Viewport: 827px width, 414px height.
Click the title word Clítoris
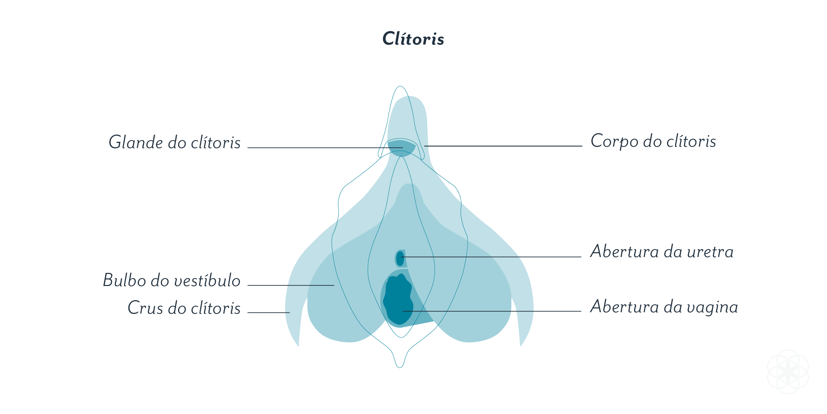pyautogui.click(x=413, y=39)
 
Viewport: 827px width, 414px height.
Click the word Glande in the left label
pyautogui.click(x=136, y=142)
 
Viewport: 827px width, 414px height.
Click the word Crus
pyautogui.click(x=145, y=308)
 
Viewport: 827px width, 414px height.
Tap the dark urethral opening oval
pyautogui.click(x=400, y=258)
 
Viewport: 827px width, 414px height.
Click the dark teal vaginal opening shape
pyautogui.click(x=398, y=299)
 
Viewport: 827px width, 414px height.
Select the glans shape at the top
pyautogui.click(x=401, y=148)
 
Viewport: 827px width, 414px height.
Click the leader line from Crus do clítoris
pyautogui.click(x=269, y=313)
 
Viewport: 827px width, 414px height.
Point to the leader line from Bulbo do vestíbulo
pyautogui.click(x=291, y=285)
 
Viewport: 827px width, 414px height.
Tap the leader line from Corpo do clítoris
pyautogui.click(x=503, y=146)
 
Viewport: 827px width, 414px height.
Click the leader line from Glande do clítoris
pyautogui.click(x=325, y=148)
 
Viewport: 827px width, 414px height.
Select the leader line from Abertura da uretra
pyautogui.click(x=491, y=257)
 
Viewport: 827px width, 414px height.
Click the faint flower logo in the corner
pyautogui.click(x=788, y=372)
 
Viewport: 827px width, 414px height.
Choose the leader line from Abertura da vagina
pyautogui.click(x=492, y=311)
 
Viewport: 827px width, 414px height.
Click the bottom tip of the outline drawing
pyautogui.click(x=400, y=367)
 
